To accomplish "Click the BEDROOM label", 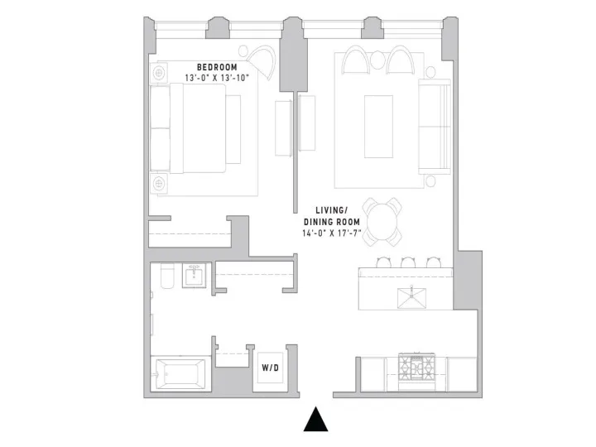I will pos(217,67).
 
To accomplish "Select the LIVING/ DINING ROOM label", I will pos(332,217).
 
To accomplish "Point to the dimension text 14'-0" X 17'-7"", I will pos(332,233).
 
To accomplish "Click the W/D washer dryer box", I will pos(271,368).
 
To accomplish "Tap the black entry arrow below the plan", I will pos(316,421).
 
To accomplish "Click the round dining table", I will pos(383,220).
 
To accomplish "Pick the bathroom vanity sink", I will pos(195,276).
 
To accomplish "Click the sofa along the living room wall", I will pos(434,127).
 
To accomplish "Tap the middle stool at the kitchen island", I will pos(407,262).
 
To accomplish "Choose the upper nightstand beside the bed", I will pos(159,70).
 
